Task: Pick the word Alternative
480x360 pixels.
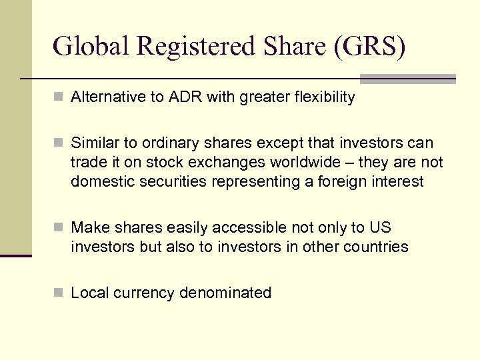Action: tap(108, 97)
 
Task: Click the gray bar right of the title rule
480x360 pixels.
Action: tap(407, 79)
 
